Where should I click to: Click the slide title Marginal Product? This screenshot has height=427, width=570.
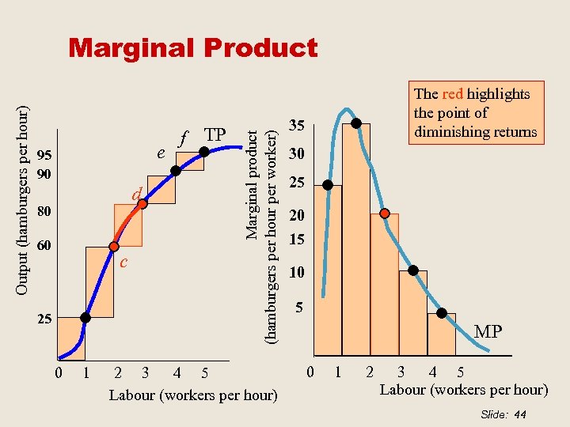tap(193, 48)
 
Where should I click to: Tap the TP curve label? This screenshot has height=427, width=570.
tap(215, 134)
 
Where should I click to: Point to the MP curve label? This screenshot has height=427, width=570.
tap(488, 331)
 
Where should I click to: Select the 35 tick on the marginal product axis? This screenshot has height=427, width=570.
tap(297, 126)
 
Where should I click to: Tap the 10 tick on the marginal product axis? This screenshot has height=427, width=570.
tap(296, 273)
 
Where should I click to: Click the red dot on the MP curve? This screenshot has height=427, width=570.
tap(384, 213)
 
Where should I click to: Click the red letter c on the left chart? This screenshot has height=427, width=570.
tap(123, 262)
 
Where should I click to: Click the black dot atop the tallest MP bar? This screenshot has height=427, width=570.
tap(356, 123)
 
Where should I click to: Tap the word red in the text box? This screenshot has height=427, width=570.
tap(453, 94)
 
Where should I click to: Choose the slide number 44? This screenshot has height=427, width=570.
tap(519, 414)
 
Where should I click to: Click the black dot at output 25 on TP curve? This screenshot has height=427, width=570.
tap(85, 318)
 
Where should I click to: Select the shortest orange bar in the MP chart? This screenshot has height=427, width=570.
tap(442, 334)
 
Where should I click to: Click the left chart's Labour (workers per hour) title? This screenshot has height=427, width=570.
tap(193, 395)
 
